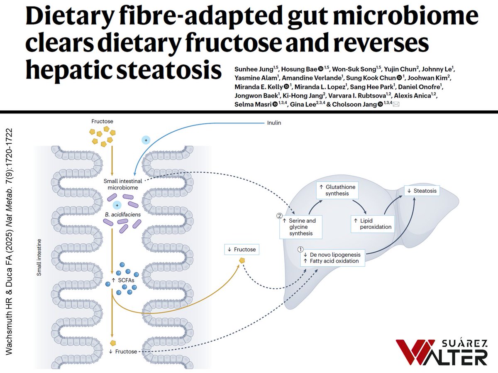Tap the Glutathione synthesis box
pos(337,190)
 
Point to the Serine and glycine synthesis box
pos(300,227)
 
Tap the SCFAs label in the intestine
pos(124,280)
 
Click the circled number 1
pos(301,249)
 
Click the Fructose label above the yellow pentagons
pos(102,122)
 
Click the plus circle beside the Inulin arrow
pos(145,140)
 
